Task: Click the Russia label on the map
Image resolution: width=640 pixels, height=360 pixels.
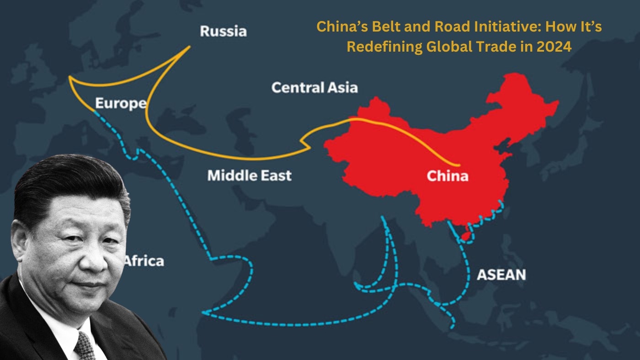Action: point(223,31)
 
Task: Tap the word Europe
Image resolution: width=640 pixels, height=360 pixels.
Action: point(120,103)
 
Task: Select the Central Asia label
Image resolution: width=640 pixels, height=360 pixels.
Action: point(314,87)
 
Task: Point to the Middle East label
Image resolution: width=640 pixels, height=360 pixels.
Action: point(249,175)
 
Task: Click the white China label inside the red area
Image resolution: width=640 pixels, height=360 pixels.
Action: point(447,176)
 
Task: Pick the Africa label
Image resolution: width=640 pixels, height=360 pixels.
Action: point(144,261)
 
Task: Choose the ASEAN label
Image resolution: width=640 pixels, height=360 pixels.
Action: point(501,275)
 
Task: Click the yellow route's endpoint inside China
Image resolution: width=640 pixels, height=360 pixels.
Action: point(459,165)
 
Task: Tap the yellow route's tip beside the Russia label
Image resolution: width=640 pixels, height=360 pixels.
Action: point(190,46)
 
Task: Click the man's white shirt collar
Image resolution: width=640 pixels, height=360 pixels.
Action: point(59,329)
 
